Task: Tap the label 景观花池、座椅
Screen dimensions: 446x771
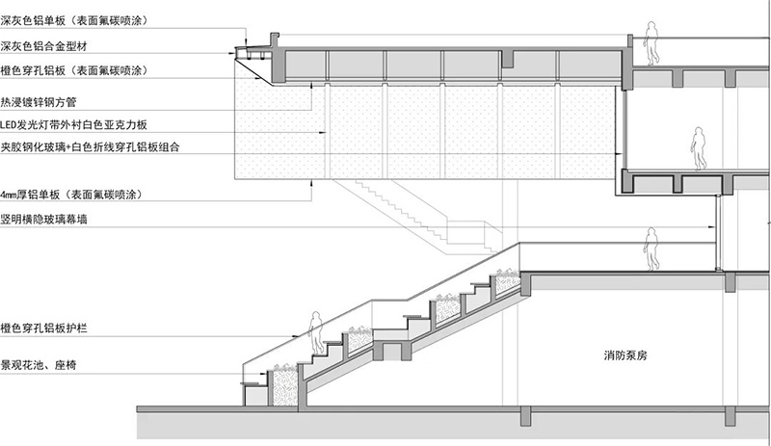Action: pyautogui.click(x=42, y=366)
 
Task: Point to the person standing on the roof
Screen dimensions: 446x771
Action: pyautogui.click(x=651, y=44)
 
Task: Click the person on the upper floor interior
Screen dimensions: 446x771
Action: pyautogui.click(x=697, y=148)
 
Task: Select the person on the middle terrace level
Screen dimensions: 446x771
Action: pyautogui.click(x=651, y=248)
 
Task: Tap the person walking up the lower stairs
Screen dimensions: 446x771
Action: pyautogui.click(x=314, y=335)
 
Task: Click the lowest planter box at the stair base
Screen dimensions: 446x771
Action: pyautogui.click(x=285, y=385)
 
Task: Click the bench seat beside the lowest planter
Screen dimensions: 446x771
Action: pyautogui.click(x=254, y=385)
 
